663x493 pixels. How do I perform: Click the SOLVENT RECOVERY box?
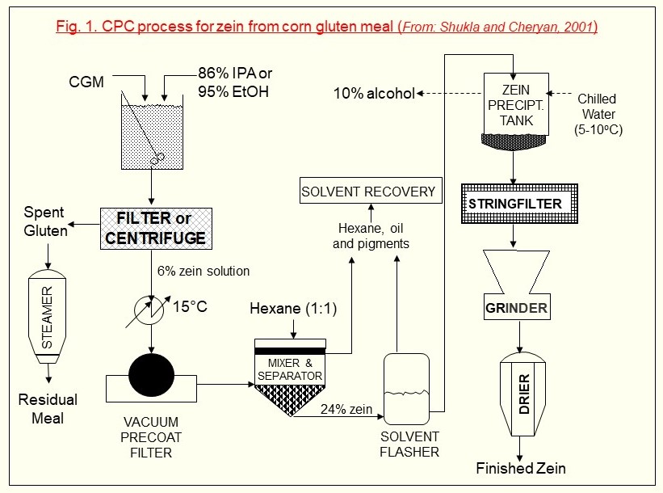pos(371,191)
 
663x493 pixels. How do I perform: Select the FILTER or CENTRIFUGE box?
pos(156,229)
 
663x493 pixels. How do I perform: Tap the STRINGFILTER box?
pos(519,204)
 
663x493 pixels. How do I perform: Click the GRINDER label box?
pos(517,307)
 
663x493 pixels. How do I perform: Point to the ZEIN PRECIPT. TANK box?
pos(516,104)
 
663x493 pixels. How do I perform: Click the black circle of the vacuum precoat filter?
pos(151,376)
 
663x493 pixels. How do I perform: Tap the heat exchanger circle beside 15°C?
pos(149,310)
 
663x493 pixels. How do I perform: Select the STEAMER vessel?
pos(47,316)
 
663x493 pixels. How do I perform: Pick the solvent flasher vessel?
pos(406,389)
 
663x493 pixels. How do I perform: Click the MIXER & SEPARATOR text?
pos(290,369)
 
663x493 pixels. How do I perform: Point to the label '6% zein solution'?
pos(204,271)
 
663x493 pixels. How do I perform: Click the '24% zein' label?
pos(346,409)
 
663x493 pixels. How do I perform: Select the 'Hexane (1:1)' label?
pos(293,308)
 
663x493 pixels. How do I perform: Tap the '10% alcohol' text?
pos(374,93)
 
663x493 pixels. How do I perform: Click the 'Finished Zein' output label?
pos(521,468)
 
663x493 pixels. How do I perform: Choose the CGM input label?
pos(86,82)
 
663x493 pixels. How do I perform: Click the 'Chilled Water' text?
pos(598,106)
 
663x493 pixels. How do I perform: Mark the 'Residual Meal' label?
pos(48,409)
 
